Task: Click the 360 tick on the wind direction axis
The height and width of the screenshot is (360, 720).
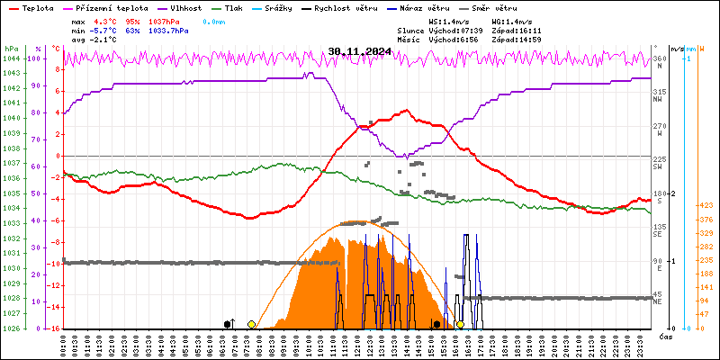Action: [x=660, y=59]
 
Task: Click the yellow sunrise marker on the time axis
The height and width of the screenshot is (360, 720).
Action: [x=251, y=324]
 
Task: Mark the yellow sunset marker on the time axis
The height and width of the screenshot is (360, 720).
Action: [x=460, y=324]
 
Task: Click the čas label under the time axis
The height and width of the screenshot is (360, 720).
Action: [x=666, y=337]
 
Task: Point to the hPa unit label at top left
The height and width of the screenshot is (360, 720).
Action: [x=11, y=49]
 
